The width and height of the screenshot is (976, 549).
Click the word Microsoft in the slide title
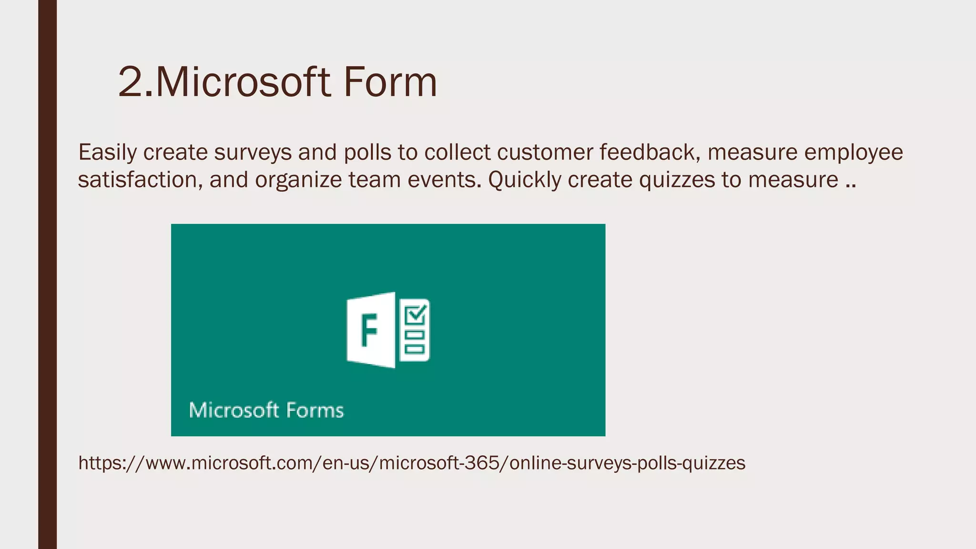243,82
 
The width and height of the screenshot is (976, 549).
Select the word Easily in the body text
107,152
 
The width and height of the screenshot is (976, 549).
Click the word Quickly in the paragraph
525,180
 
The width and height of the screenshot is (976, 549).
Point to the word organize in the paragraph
298,180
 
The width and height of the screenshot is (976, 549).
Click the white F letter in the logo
369,330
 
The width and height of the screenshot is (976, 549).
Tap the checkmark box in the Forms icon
415,315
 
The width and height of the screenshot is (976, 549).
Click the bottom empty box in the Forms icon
414,349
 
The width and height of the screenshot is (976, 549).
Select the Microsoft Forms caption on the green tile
266,410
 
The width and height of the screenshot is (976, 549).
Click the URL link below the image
412,463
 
